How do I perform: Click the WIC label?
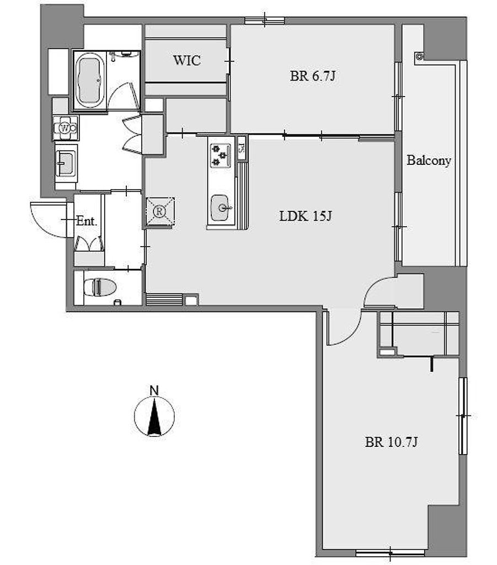click(187, 60)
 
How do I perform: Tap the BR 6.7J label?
click(313, 76)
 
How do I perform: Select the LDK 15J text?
click(306, 216)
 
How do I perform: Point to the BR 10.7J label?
click(391, 441)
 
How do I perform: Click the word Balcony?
click(429, 161)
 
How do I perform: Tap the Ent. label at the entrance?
click(87, 221)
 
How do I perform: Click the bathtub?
click(90, 81)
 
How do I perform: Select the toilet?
click(100, 287)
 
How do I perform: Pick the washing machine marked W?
click(66, 128)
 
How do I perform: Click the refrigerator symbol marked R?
click(160, 211)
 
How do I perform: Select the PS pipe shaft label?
click(242, 148)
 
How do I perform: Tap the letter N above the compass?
click(154, 390)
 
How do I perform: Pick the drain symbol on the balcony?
click(419, 57)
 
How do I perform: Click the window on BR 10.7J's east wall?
click(463, 416)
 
